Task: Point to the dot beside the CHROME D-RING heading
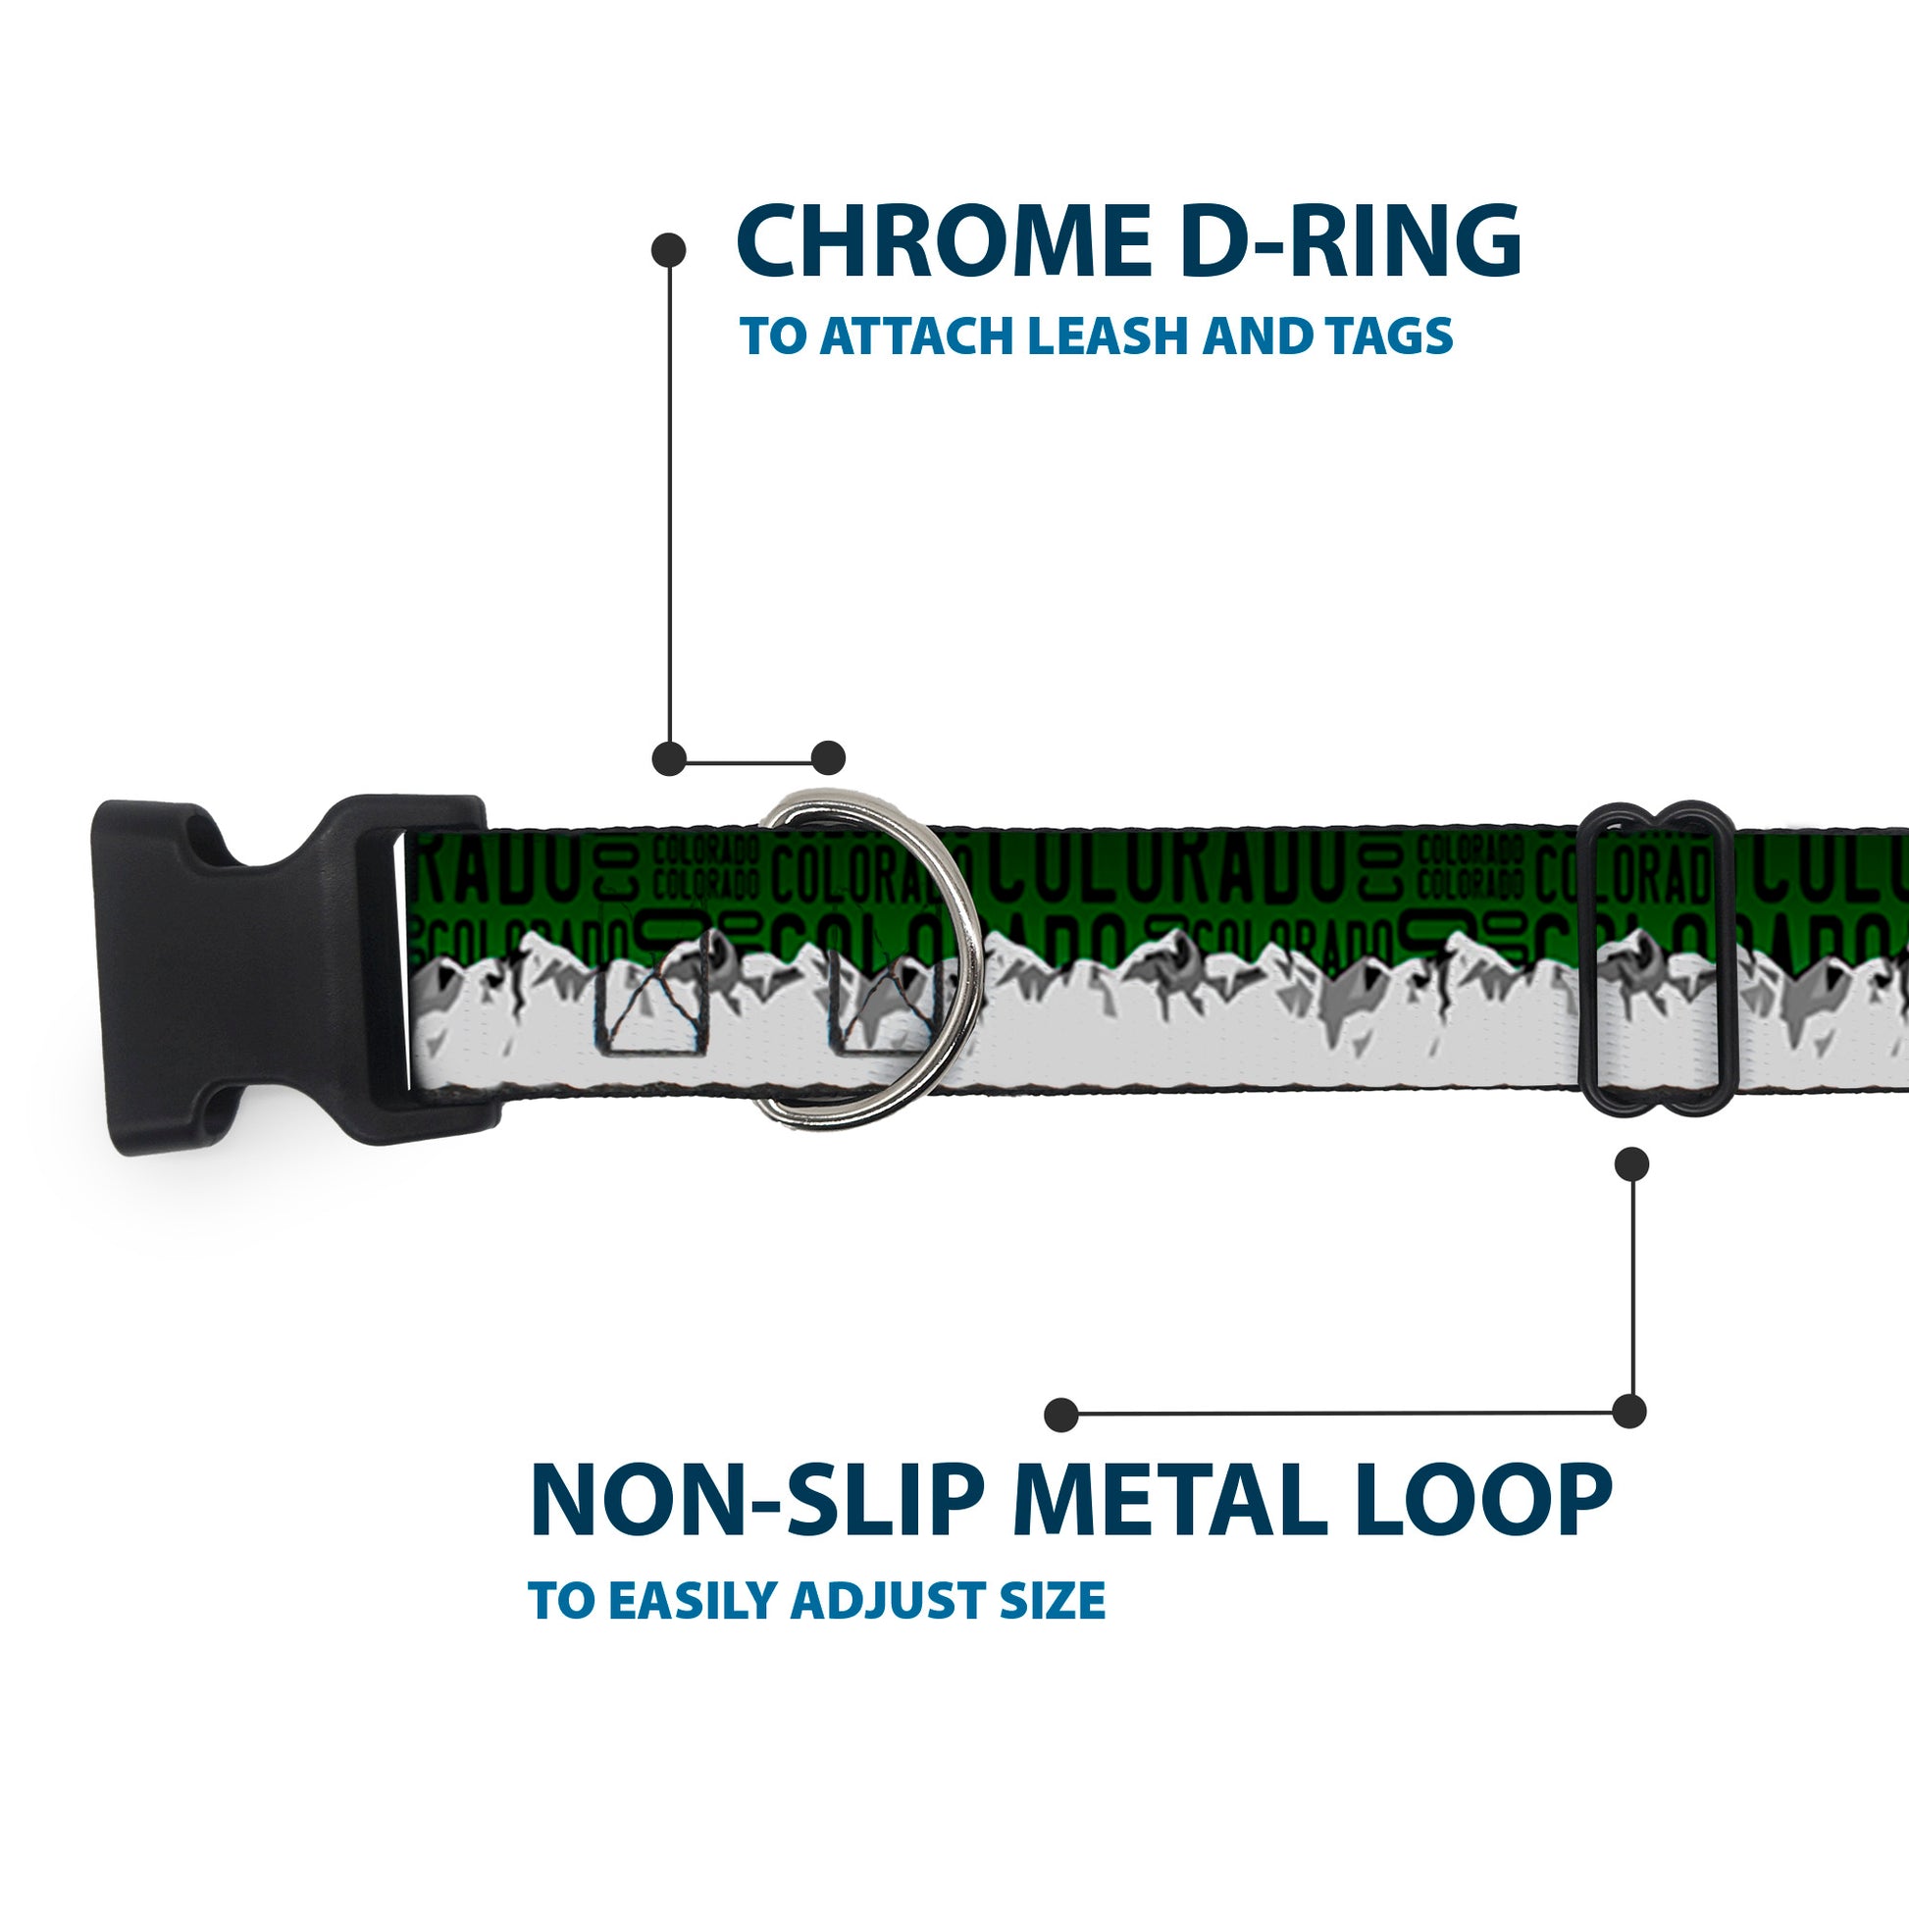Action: pyautogui.click(x=669, y=250)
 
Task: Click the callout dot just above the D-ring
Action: pyautogui.click(x=828, y=758)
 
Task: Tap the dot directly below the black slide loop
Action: pyautogui.click(x=1631, y=1164)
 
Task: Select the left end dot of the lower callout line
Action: pyautogui.click(x=1061, y=1414)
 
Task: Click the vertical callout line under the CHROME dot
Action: pyautogui.click(x=670, y=504)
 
